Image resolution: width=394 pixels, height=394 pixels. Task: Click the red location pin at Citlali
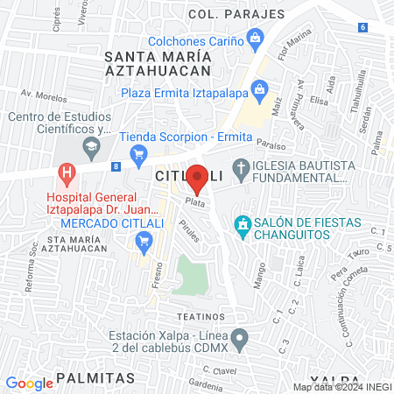(198, 179)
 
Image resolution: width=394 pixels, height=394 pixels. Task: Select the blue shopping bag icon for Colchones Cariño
(255, 38)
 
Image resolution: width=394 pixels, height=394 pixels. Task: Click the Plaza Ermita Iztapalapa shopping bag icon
(259, 89)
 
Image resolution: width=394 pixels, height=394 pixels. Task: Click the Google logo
(29, 383)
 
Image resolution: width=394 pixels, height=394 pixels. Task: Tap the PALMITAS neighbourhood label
(95, 377)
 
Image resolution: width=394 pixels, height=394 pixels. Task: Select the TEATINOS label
(202, 315)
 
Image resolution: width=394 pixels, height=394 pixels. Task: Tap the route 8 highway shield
(116, 165)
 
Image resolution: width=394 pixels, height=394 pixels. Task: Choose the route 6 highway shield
(362, 27)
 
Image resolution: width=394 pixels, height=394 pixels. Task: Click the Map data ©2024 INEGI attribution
(342, 387)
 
